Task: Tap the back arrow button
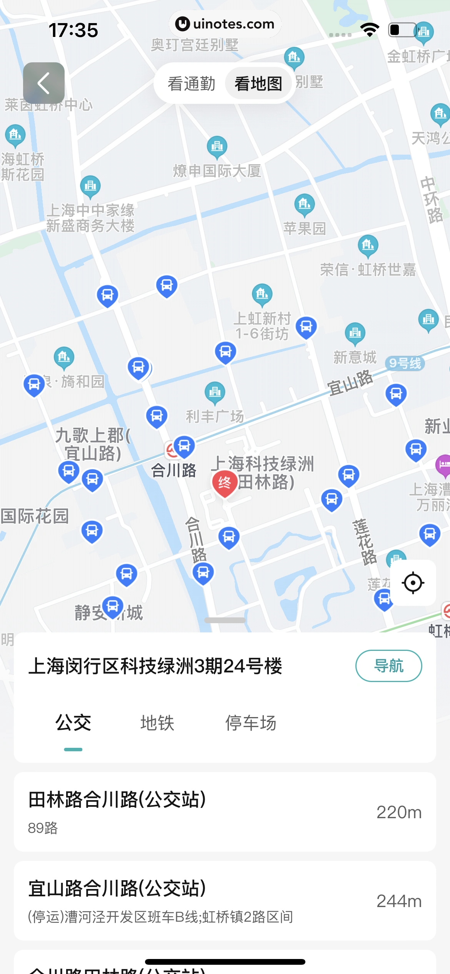click(x=43, y=83)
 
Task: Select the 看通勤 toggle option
click(x=191, y=83)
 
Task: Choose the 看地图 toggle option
click(x=258, y=83)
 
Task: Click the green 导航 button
click(x=388, y=666)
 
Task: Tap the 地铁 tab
click(x=157, y=723)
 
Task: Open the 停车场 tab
click(x=251, y=723)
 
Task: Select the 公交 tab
click(x=73, y=723)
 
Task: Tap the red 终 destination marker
click(x=225, y=482)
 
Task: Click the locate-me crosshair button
click(x=413, y=583)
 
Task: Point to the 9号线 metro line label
click(x=405, y=363)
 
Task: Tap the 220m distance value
click(x=399, y=812)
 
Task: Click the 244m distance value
click(x=399, y=901)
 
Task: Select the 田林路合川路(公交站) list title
click(x=117, y=799)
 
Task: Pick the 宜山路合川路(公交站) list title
click(x=117, y=888)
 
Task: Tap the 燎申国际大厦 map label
click(x=217, y=170)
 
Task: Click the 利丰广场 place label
click(x=215, y=416)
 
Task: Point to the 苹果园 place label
click(x=305, y=228)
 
